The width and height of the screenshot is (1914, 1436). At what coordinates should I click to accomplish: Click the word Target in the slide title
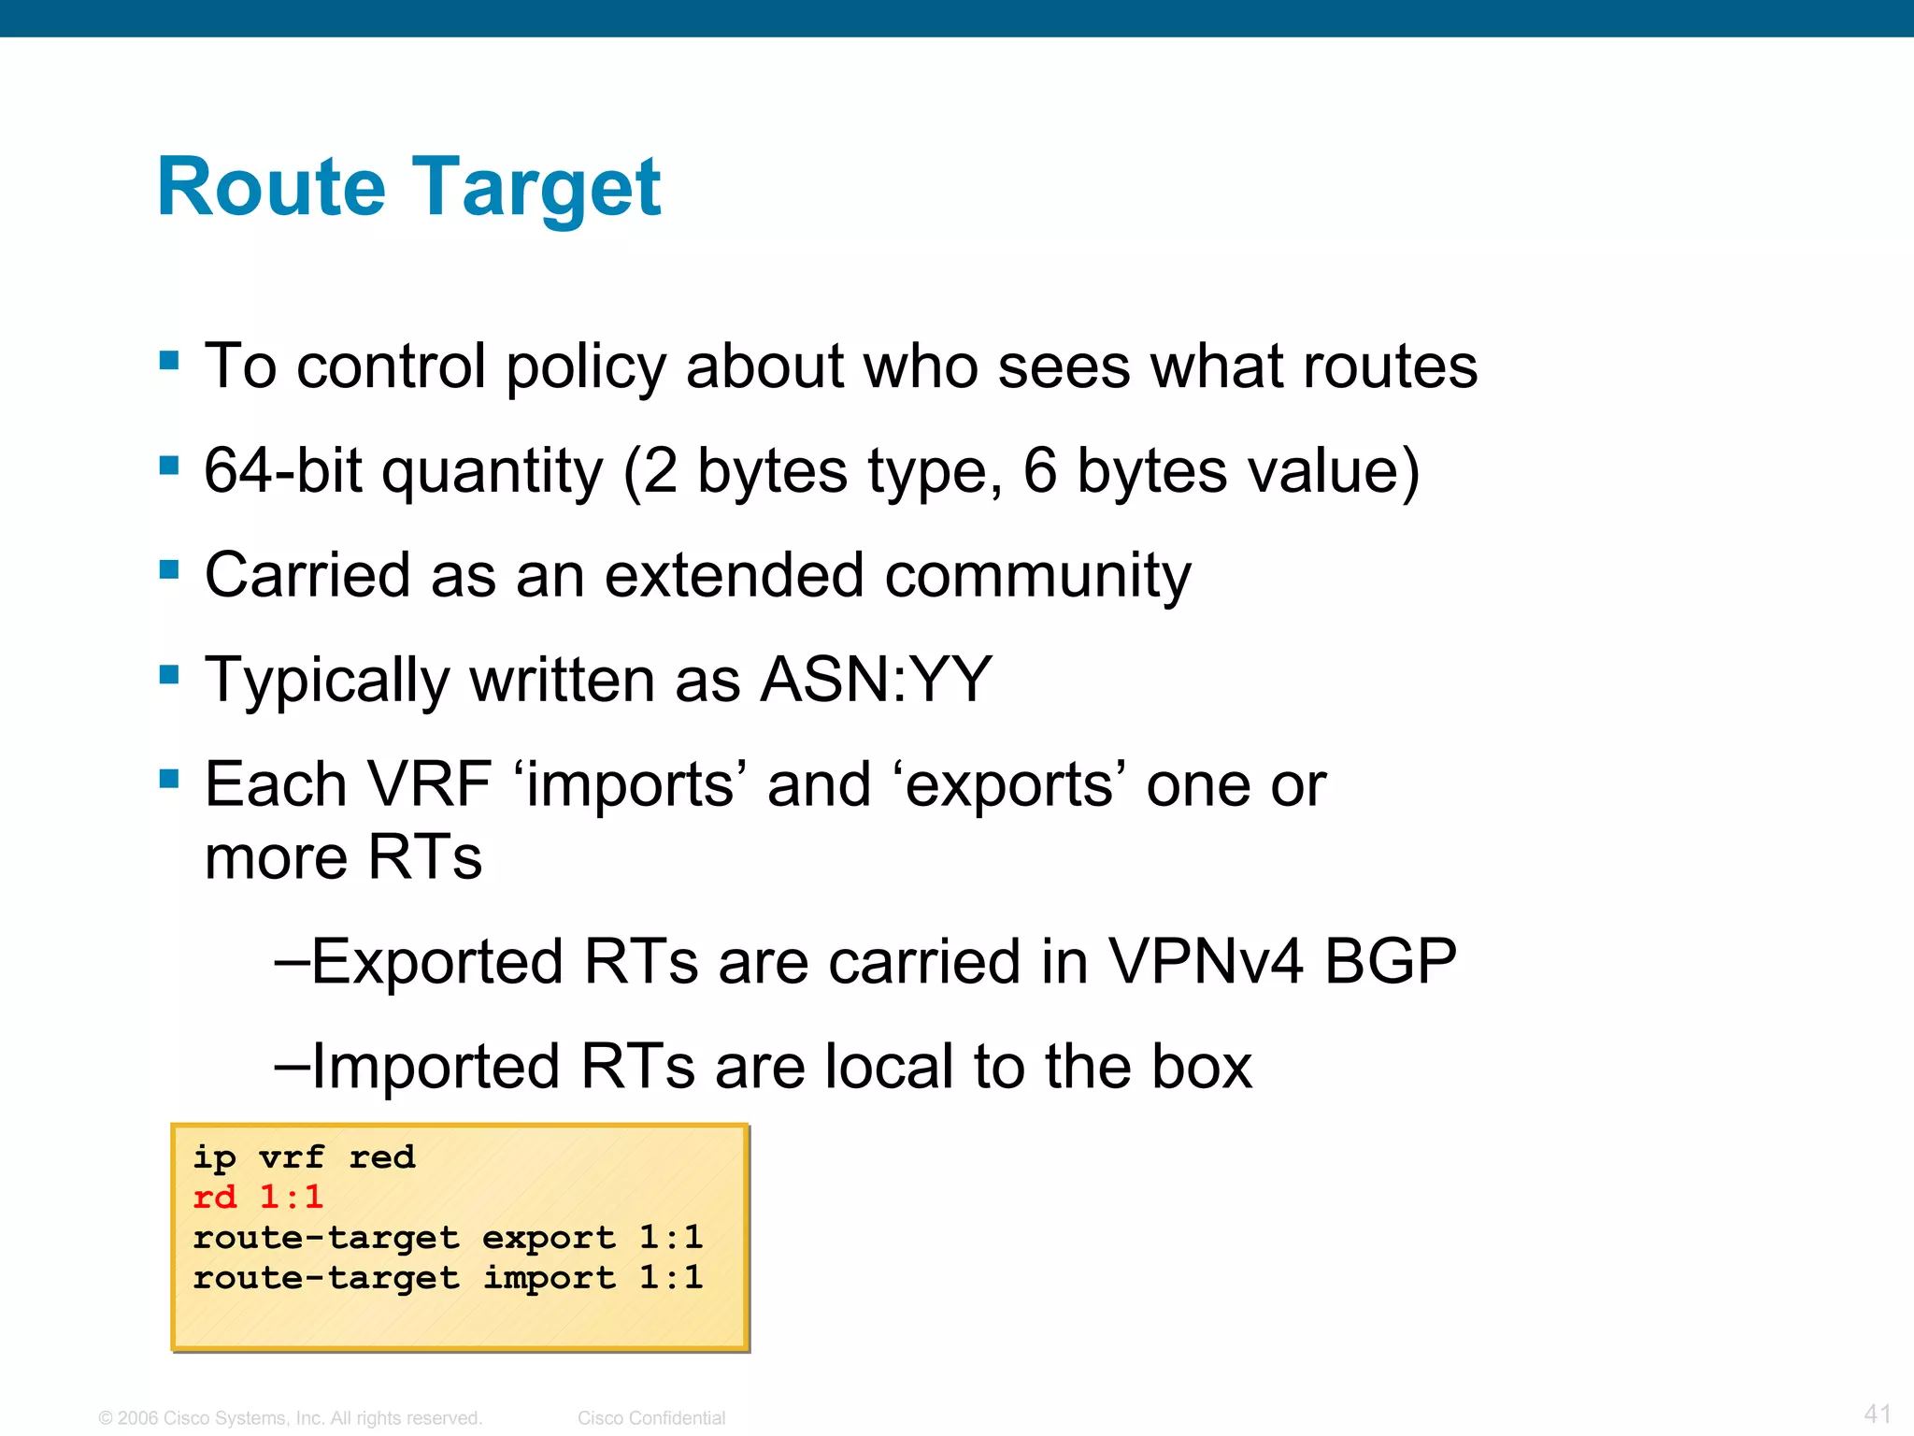[536, 189]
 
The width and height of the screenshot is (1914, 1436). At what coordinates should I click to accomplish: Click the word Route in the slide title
[271, 187]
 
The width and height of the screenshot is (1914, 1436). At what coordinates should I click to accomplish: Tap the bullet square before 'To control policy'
[169, 361]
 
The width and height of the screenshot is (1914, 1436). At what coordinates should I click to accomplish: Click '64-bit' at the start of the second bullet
[282, 470]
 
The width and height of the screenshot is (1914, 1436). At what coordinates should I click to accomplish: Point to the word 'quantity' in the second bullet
[493, 472]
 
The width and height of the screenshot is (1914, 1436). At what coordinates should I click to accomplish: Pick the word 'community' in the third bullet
[1037, 576]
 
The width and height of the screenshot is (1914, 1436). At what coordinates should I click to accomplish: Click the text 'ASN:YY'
[876, 680]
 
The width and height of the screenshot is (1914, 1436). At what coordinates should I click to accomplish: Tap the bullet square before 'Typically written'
[169, 674]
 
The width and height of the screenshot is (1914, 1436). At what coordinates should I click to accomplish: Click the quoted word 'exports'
[1010, 785]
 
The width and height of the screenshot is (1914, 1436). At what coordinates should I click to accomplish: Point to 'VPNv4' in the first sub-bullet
[1205, 961]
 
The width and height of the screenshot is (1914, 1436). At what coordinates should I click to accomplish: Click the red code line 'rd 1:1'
[258, 1197]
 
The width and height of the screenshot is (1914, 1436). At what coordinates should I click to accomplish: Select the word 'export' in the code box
[549, 1238]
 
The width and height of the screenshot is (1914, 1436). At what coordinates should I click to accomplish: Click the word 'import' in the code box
[549, 1278]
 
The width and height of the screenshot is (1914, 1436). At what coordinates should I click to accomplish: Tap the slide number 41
[1877, 1414]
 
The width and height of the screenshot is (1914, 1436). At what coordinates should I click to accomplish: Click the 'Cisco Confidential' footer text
[651, 1418]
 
